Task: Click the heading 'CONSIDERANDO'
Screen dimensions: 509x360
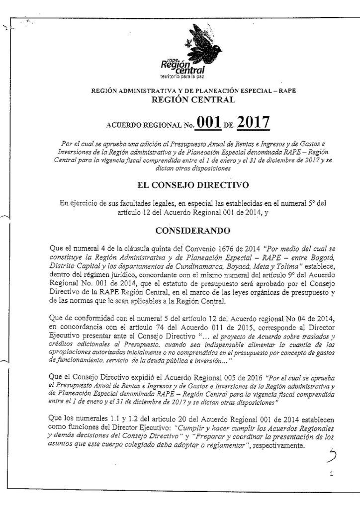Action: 180,231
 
